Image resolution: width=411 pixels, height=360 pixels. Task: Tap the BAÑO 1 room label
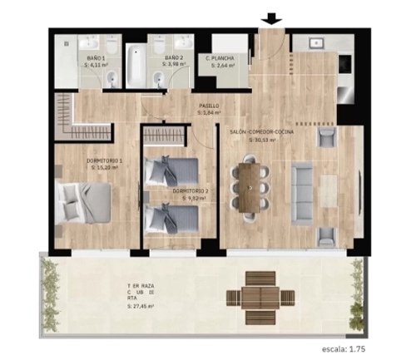[97, 57]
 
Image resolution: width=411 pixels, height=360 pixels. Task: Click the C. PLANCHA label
[221, 57]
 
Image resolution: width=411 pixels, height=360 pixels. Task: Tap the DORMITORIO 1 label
[104, 160]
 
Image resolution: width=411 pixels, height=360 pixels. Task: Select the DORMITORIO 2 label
[191, 191]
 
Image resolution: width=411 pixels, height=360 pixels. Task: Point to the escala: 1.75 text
[367, 349]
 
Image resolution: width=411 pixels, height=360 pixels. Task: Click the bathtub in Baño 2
[135, 63]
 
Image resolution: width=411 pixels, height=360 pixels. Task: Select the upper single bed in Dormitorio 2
[172, 171]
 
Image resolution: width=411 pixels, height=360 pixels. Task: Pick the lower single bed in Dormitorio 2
[172, 219]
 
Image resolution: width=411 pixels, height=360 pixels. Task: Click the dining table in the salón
[250, 186]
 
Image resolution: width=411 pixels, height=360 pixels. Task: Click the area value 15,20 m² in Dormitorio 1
[105, 168]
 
